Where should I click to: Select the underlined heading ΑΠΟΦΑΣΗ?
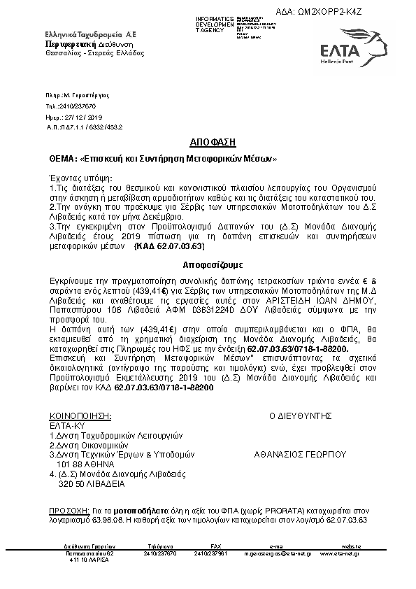coord(208,140)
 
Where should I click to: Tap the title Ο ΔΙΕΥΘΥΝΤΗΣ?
coord(299,415)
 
